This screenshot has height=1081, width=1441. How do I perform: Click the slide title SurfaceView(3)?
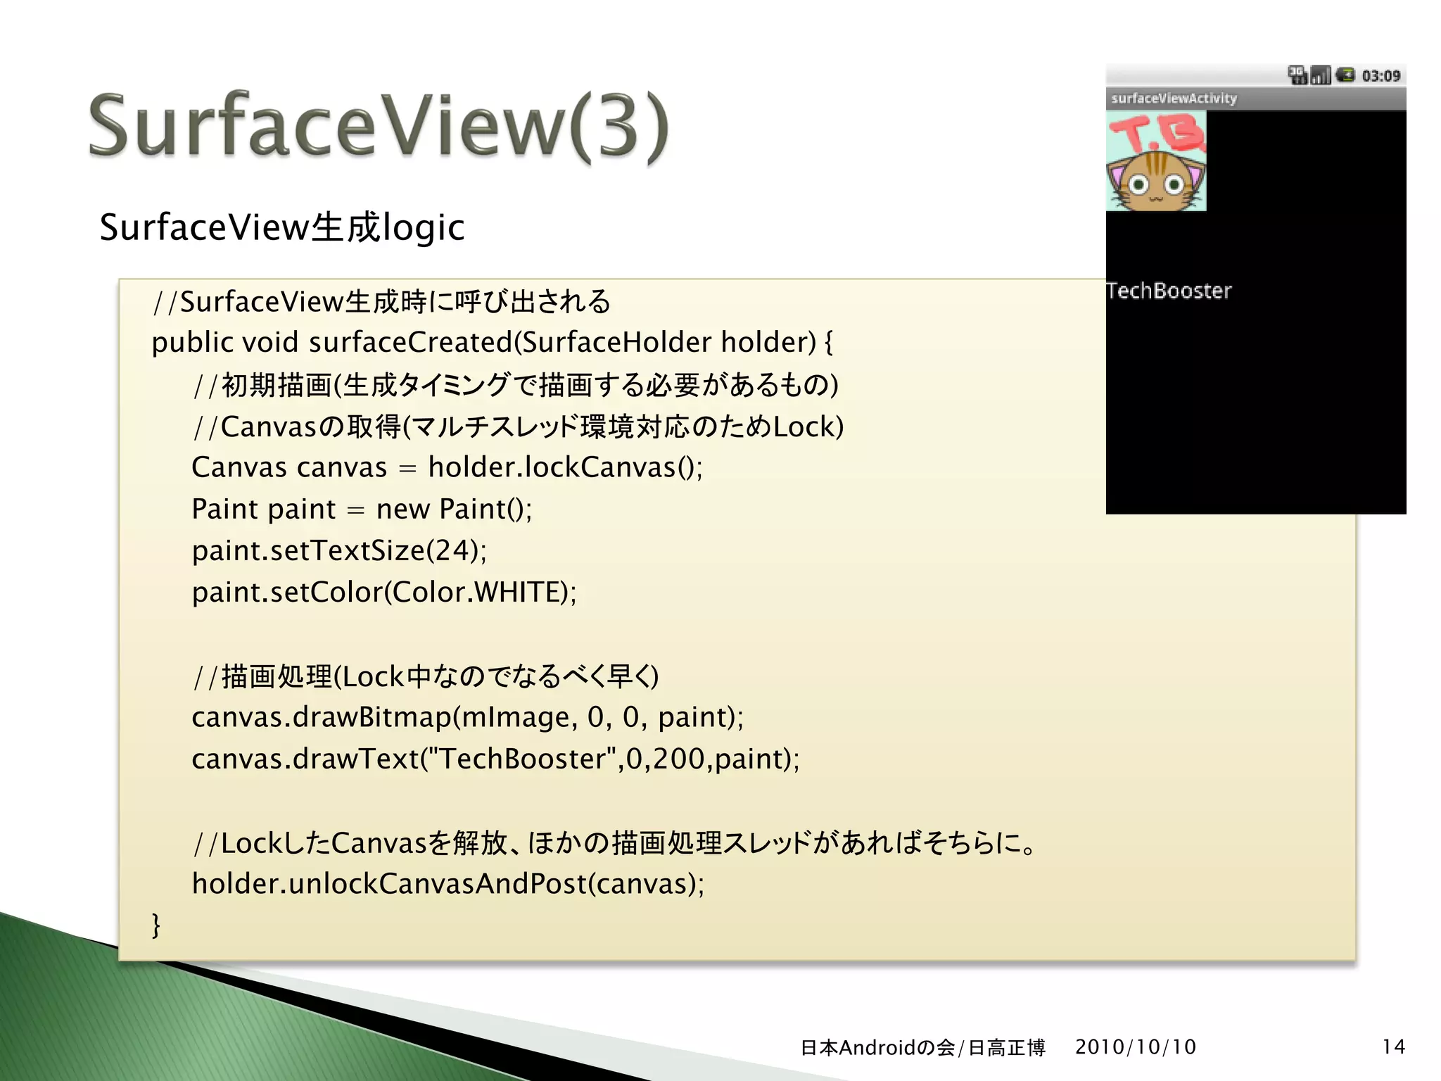pyautogui.click(x=379, y=127)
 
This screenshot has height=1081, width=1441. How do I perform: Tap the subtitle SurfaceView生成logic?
pyautogui.click(x=281, y=228)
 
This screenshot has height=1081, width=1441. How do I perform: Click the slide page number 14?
pyautogui.click(x=1393, y=1047)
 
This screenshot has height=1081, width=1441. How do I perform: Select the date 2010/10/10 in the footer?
pyautogui.click(x=1135, y=1047)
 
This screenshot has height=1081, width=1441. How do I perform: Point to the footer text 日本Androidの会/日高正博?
pyautogui.click(x=922, y=1048)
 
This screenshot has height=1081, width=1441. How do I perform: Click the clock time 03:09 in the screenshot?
pyautogui.click(x=1380, y=76)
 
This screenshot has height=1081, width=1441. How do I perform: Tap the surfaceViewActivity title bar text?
pyautogui.click(x=1174, y=99)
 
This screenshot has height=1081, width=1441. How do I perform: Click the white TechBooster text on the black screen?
pyautogui.click(x=1169, y=291)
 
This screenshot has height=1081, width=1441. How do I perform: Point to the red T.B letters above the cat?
pyautogui.click(x=1155, y=134)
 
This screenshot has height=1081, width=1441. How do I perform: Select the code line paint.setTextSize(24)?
pyautogui.click(x=339, y=550)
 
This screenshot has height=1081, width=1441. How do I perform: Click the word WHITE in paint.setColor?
pyautogui.click(x=520, y=593)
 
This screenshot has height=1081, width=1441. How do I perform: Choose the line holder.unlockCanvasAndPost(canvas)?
pyautogui.click(x=447, y=884)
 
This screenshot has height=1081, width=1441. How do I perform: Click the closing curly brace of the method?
pyautogui.click(x=156, y=925)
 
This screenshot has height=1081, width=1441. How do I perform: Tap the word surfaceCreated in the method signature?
pyautogui.click(x=411, y=343)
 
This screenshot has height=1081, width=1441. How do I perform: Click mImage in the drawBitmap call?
pyautogui.click(x=518, y=717)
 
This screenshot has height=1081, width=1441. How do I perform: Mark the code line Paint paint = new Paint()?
pyautogui.click(x=362, y=509)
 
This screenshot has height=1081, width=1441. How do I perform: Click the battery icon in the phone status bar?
pyautogui.click(x=1345, y=75)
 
